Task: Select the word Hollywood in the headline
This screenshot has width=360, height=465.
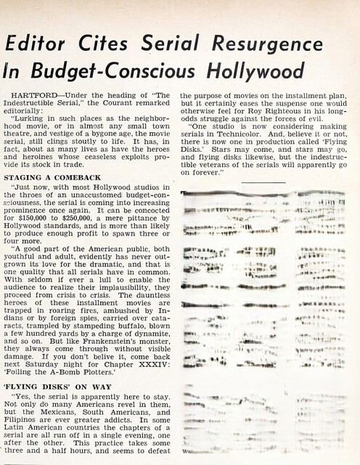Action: [240, 71]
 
